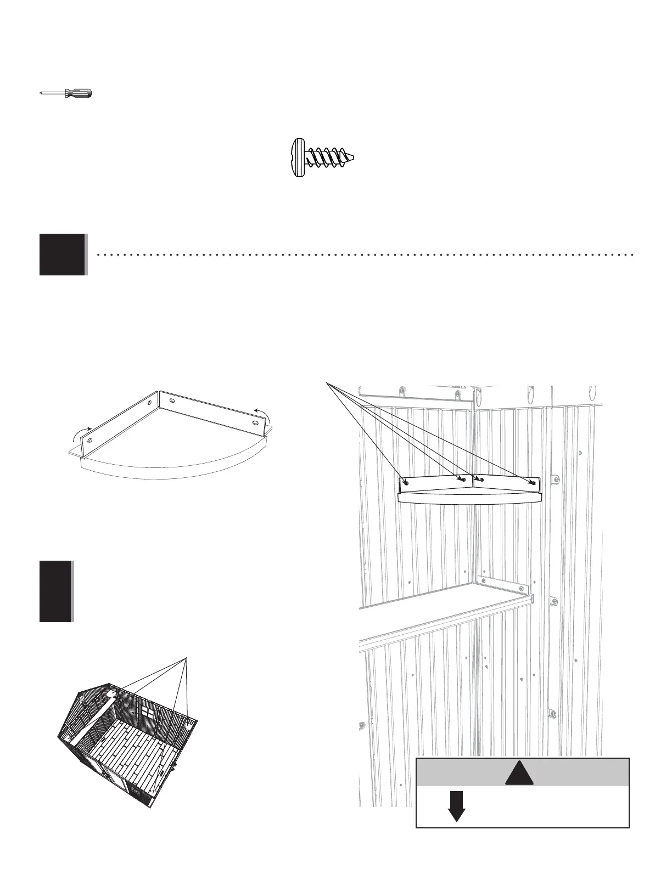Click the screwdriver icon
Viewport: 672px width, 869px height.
tap(66, 94)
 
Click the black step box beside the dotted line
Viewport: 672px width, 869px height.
tap(63, 254)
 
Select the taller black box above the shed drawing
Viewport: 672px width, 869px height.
tap(55, 591)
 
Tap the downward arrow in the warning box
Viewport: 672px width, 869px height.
tap(456, 805)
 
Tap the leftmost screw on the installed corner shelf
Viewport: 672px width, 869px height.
tap(406, 483)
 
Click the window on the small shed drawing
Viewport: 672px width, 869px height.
tap(147, 712)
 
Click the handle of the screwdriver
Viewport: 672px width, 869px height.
tap(79, 94)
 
